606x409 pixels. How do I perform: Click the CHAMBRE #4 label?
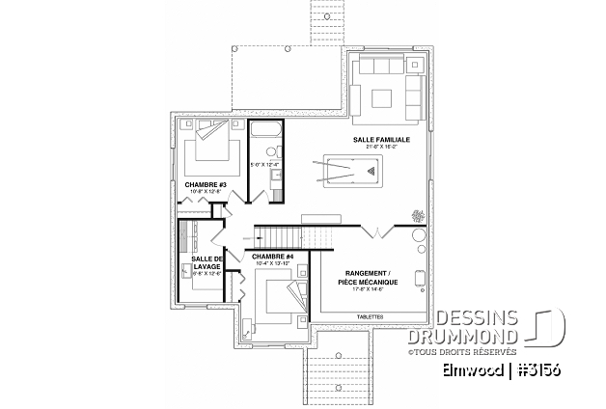271,258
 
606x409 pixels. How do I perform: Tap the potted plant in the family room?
418,215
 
